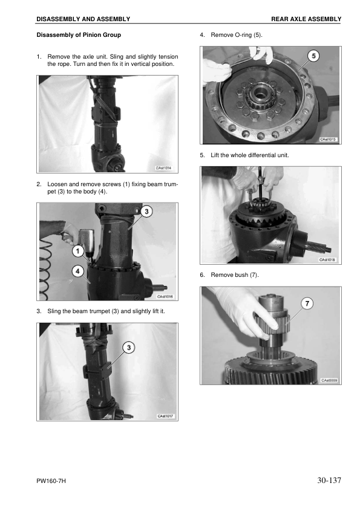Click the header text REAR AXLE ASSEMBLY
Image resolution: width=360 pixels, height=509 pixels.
tap(306, 19)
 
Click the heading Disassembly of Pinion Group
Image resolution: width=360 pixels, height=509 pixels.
tap(79, 35)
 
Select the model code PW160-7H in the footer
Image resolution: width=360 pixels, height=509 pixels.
tap(50, 482)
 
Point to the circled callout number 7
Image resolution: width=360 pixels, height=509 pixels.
tap(307, 304)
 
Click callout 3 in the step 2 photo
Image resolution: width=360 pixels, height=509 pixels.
tap(147, 212)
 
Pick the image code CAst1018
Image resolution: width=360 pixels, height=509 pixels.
tap(327, 260)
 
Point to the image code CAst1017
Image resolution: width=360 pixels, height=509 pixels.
tap(165, 416)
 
